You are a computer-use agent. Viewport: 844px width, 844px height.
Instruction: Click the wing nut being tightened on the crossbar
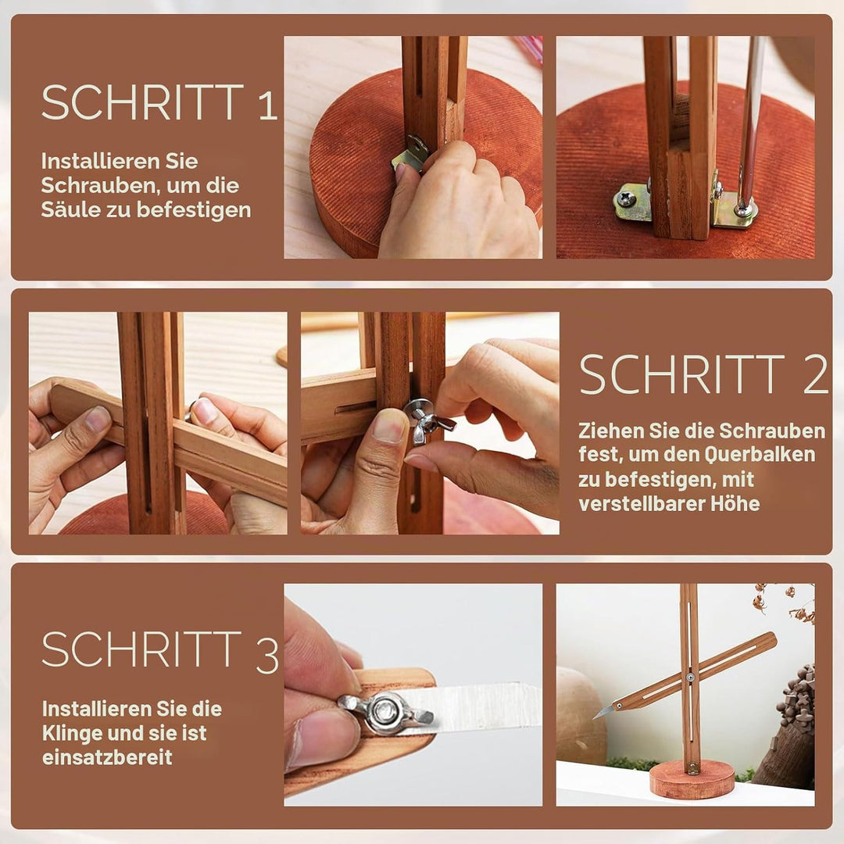427,421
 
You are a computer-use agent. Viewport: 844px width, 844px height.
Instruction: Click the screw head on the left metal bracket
625,200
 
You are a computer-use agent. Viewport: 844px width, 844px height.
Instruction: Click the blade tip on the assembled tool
594,718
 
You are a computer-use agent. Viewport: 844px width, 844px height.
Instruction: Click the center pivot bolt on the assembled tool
690,676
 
